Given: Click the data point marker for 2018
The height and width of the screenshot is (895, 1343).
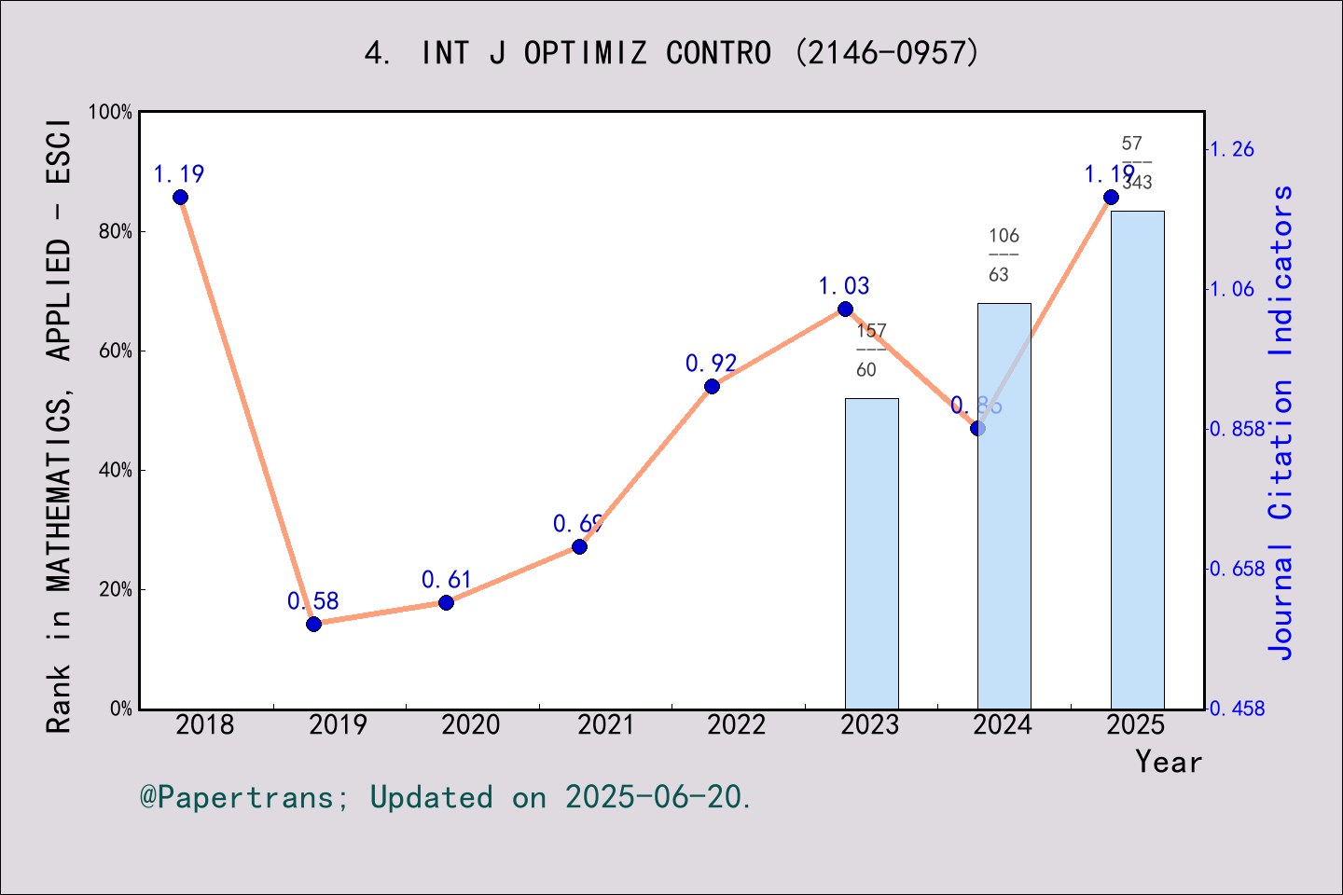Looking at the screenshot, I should click(180, 197).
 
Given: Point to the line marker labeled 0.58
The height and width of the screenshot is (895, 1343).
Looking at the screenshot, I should click(313, 624).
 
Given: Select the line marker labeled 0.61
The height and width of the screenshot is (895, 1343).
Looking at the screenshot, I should click(446, 602).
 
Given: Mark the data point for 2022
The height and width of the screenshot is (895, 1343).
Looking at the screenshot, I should click(712, 386).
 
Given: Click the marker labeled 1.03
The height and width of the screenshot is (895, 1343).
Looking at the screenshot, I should click(845, 309).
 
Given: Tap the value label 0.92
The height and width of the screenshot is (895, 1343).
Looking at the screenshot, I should click(711, 363).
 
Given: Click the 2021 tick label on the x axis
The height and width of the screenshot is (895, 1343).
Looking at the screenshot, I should click(604, 724).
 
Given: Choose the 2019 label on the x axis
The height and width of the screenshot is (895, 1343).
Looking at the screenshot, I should click(339, 724).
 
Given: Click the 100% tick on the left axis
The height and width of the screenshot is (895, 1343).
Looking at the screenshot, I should click(110, 112).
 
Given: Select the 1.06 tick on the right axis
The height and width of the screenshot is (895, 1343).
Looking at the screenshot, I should click(1232, 289).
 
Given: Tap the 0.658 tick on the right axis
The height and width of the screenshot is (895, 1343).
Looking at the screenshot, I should click(1237, 569).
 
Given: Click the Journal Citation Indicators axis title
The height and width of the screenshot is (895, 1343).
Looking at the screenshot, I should click(1281, 423).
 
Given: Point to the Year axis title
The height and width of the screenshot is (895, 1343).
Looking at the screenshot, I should click(1168, 762).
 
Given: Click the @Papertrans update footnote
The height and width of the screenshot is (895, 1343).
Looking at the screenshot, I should click(445, 797).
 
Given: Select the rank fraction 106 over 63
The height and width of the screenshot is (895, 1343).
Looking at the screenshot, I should click(1003, 255).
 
